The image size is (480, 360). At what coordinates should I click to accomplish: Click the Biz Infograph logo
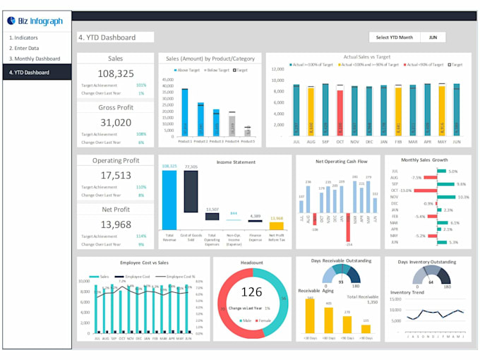36,20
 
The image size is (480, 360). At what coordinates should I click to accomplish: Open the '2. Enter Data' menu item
25,48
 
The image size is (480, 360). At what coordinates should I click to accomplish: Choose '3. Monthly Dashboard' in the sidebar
34,59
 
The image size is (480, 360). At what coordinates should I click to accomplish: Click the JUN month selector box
433,37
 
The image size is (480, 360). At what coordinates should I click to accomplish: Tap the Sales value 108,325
115,73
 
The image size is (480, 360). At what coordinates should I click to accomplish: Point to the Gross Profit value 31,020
115,122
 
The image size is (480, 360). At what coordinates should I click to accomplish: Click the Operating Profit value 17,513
115,175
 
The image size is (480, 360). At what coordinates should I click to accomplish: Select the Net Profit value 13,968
115,224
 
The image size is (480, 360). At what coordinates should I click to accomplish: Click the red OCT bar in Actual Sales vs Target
340,112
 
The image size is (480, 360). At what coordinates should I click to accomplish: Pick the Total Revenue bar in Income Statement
169,199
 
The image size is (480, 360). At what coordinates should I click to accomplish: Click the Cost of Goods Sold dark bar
191,191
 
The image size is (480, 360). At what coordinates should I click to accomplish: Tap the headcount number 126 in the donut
251,292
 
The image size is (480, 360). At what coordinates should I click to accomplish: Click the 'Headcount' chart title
251,262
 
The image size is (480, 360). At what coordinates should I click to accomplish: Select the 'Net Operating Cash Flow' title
341,162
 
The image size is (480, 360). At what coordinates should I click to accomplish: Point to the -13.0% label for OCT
404,191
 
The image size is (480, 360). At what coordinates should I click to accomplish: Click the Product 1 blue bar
185,112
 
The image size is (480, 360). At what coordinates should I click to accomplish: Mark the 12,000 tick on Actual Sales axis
277,69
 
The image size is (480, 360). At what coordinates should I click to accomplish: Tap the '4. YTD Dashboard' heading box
116,37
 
